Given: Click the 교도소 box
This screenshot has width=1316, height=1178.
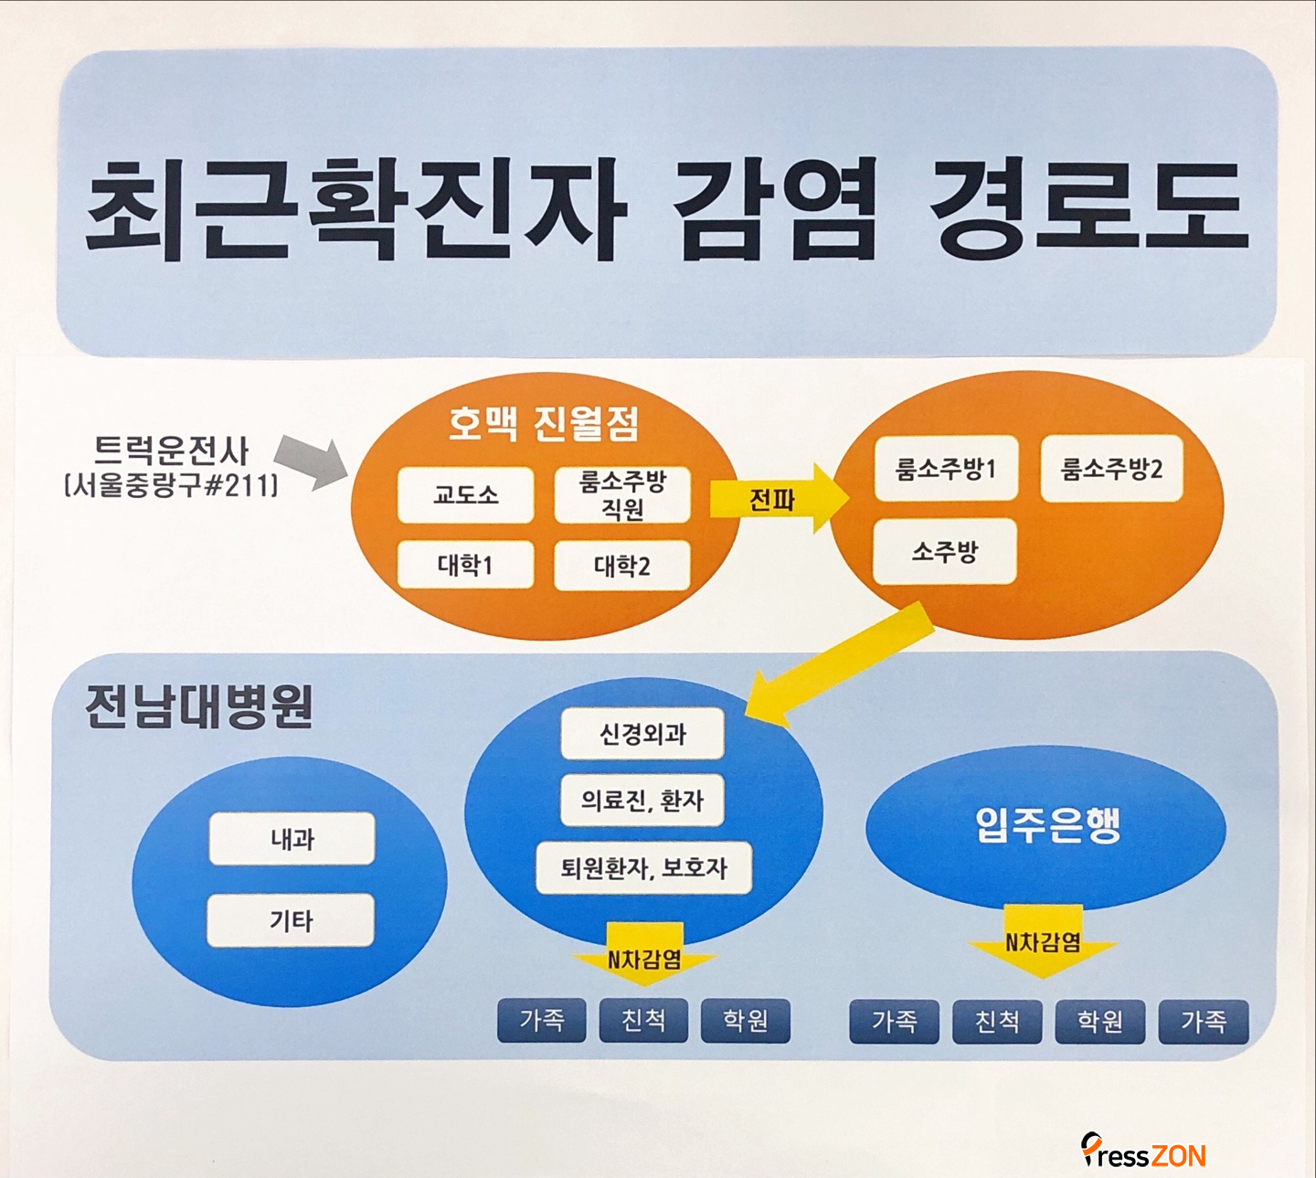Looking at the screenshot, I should [x=465, y=495].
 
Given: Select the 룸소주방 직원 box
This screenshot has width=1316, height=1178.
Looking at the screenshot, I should [x=622, y=495].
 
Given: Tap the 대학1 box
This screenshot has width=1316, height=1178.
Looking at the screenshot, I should [x=465, y=566].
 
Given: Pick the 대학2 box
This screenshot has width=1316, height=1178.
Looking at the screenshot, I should [x=622, y=567].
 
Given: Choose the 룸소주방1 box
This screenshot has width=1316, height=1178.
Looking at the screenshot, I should [x=946, y=469].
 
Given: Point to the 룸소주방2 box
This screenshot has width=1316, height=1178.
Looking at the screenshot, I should [x=1111, y=469].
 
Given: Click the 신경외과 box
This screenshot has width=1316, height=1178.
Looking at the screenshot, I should [x=642, y=734].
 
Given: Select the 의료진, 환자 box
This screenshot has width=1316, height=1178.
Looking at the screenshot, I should [x=642, y=801].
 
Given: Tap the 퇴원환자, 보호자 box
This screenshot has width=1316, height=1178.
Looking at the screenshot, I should [x=643, y=867].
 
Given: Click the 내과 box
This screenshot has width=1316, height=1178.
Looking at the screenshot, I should [x=292, y=838].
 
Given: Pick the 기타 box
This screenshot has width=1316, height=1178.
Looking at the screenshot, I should [x=291, y=920].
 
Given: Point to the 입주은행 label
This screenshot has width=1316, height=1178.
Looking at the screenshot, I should [x=1047, y=824].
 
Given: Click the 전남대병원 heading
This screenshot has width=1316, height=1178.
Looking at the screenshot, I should [x=199, y=706].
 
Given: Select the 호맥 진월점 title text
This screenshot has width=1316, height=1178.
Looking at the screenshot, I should [x=543, y=424].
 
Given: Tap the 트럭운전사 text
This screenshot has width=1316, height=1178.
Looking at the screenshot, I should [x=171, y=451].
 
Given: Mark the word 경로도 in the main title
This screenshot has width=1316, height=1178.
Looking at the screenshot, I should [x=1088, y=208].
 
